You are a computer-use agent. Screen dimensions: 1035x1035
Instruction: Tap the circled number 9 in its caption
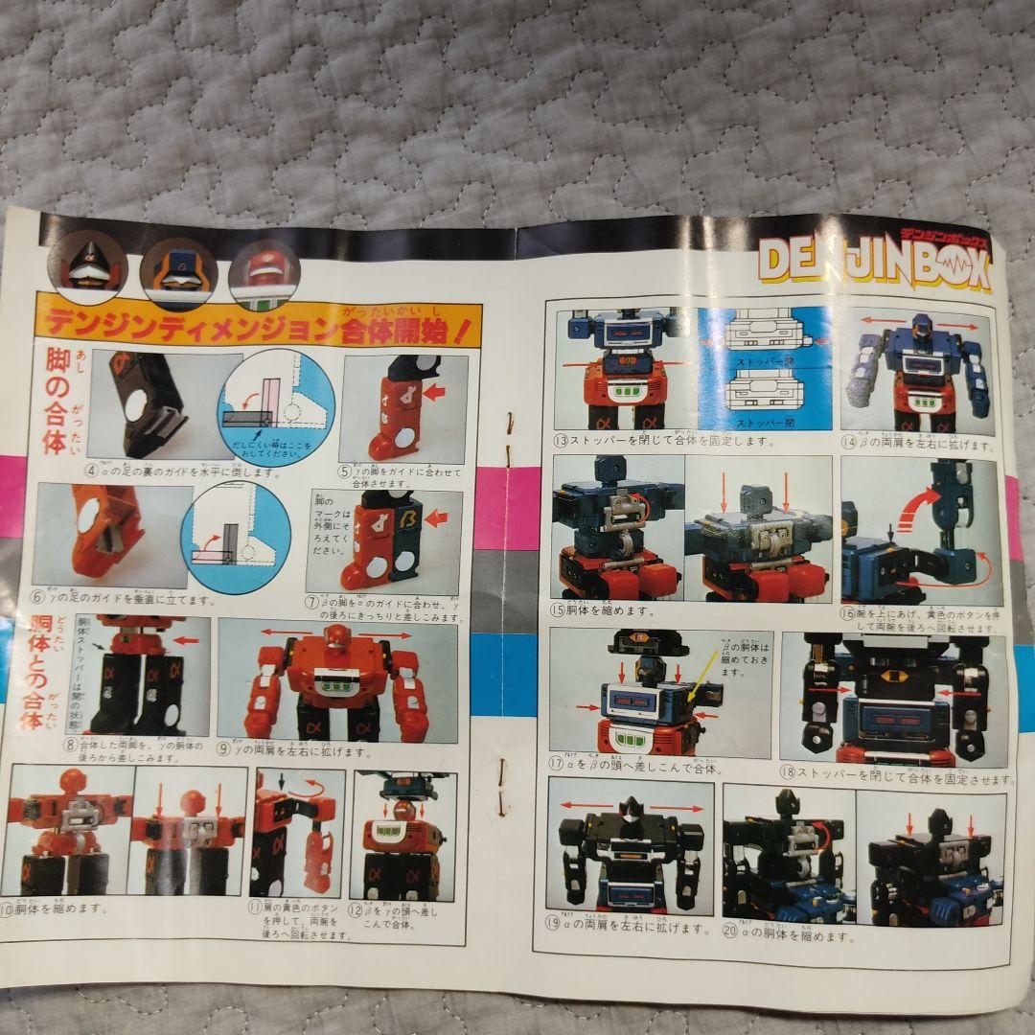coord(223,750)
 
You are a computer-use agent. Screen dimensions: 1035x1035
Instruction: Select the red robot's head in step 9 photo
coord(333,637)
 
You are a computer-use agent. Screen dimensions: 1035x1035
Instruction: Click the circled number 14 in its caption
coord(848,444)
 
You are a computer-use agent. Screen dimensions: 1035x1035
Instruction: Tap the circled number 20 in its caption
coord(731,935)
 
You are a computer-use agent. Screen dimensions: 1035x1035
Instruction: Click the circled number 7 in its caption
coord(311,602)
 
